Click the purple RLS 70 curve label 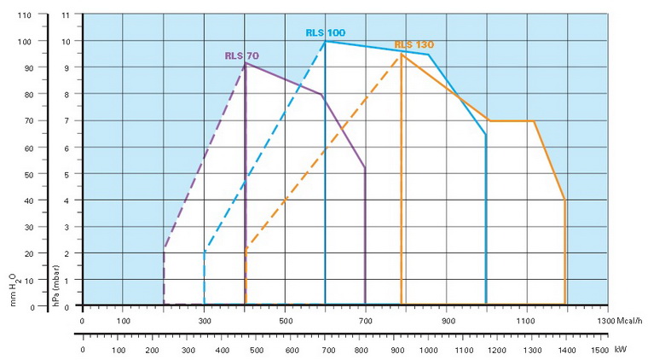241,55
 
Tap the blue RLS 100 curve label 326,32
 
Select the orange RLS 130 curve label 414,44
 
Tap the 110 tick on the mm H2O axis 24,15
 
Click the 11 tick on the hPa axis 67,15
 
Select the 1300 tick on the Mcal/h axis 605,321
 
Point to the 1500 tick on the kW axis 599,350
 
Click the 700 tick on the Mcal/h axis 365,321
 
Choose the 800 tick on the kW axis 362,350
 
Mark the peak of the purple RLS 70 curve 246,62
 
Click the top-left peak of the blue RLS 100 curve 325,41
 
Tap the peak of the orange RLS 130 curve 402,55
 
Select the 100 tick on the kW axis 118,350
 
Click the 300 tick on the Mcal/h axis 205,321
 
